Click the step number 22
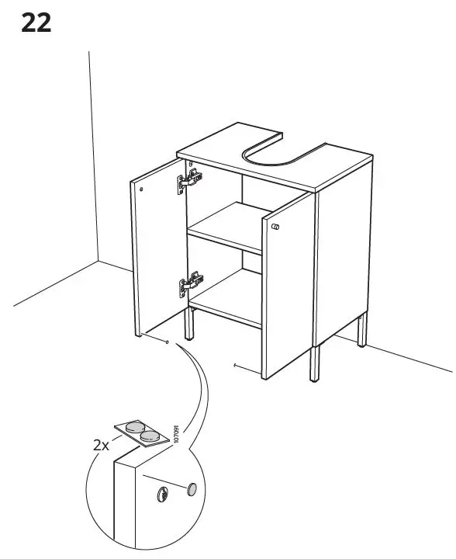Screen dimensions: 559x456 coord(36,23)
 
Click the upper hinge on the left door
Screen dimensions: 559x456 coord(190,181)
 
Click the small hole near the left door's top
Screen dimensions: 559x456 coord(142,188)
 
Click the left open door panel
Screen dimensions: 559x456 coord(159,248)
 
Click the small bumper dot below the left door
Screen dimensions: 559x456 coord(168,341)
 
